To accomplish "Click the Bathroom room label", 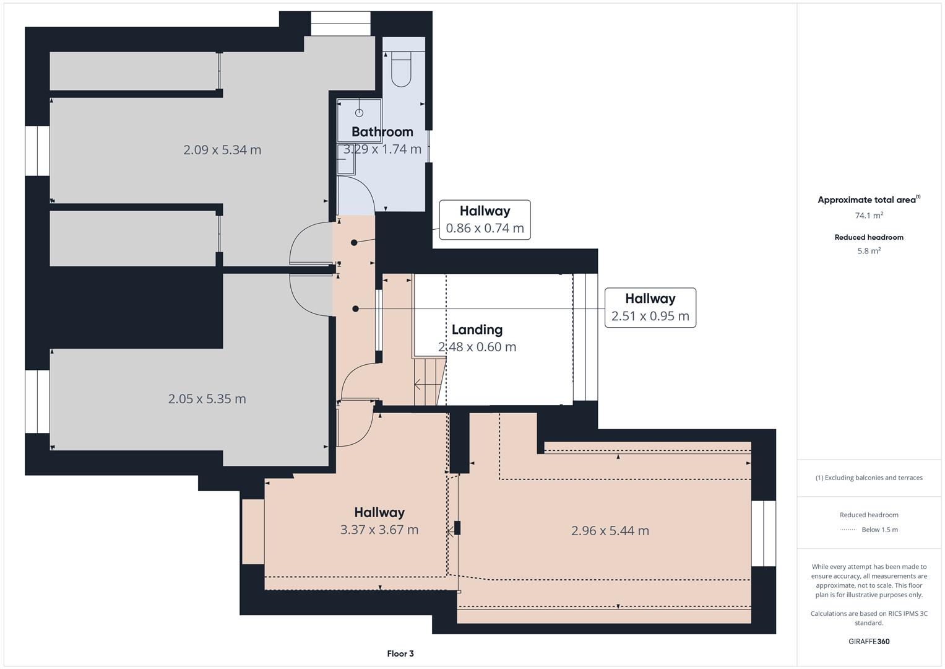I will point(382,132).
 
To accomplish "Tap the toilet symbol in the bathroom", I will point(401,69).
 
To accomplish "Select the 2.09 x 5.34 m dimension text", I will point(222,150).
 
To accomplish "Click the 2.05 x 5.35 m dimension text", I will point(207,399).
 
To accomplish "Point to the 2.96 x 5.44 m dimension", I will point(610,531).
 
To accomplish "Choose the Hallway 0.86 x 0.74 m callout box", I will point(485,220).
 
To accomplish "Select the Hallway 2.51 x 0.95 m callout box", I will point(650,308).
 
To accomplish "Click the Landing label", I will point(477,330).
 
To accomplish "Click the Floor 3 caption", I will point(400,654).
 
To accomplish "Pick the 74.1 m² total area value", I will point(868,216).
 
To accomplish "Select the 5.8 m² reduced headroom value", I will point(868,251).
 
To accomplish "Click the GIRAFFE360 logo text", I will point(868,641).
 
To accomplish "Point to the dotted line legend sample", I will point(848,530).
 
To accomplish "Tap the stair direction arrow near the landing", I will point(426,385).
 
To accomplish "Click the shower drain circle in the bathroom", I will point(359,113).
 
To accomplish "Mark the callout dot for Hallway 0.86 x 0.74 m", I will point(354,243).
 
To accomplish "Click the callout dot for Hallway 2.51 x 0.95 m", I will point(355,308).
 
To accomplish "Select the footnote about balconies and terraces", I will point(868,478).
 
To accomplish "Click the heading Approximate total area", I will point(866,200).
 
